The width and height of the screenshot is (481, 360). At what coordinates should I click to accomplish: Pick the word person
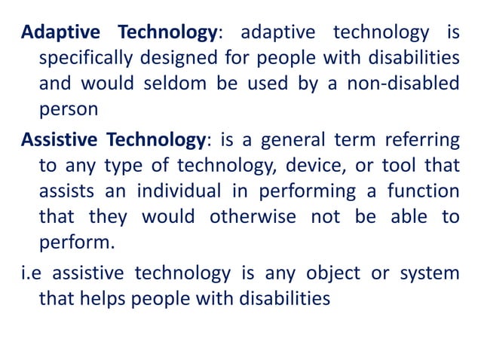pos(68,108)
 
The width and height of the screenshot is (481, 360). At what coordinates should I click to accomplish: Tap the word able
pos(407,216)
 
